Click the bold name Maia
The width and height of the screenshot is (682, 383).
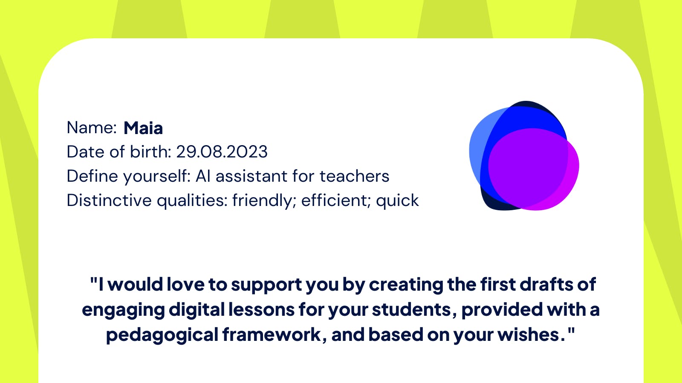pos(143,128)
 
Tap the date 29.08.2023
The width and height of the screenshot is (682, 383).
pos(222,151)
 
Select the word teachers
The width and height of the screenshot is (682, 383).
pos(354,176)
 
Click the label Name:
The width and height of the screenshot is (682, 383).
pos(92,127)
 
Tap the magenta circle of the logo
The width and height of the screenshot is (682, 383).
pos(533,169)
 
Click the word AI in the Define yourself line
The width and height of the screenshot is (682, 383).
pos(203,176)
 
